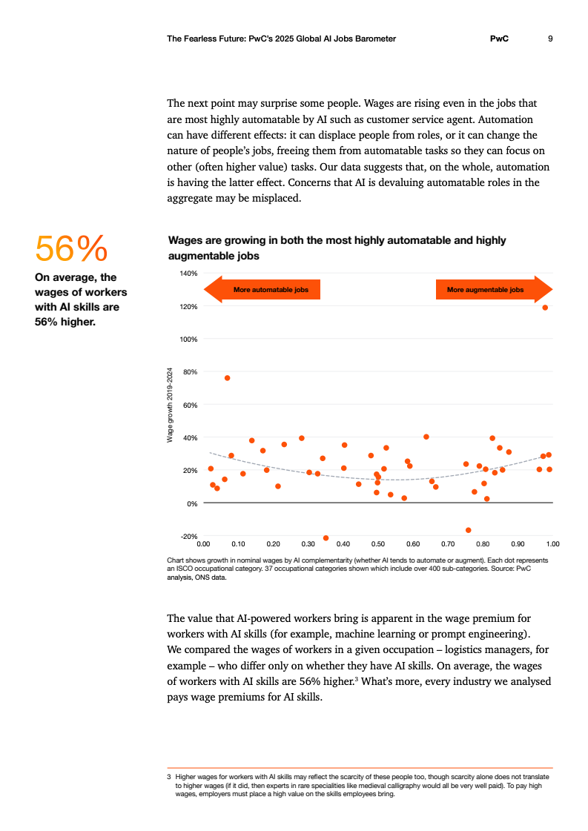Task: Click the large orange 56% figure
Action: click(x=71, y=248)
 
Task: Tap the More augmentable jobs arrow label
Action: click(x=486, y=290)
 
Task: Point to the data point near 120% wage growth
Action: click(x=545, y=308)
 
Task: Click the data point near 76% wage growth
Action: click(x=228, y=378)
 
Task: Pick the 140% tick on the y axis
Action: click(x=188, y=274)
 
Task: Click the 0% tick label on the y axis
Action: click(x=191, y=503)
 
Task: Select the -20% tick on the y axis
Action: click(x=188, y=536)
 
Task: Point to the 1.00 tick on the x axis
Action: click(x=552, y=543)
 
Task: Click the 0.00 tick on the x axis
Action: click(x=203, y=543)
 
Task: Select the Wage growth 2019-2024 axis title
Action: click(x=170, y=405)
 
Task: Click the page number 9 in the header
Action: click(x=549, y=39)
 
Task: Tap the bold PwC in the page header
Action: click(x=500, y=39)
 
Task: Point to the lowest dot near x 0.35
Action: click(x=326, y=537)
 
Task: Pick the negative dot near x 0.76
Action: click(x=468, y=530)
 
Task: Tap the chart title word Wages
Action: click(x=187, y=240)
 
